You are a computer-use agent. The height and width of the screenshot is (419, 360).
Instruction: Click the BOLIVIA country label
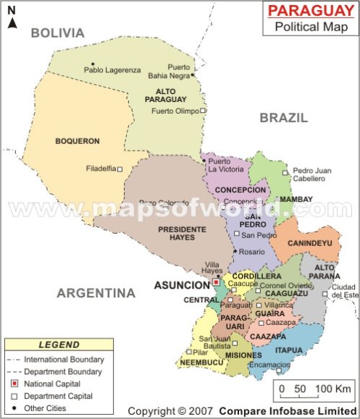pyautogui.click(x=58, y=33)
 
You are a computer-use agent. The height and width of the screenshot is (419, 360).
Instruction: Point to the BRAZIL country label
pyautogui.click(x=284, y=117)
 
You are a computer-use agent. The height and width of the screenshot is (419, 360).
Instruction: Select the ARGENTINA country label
pyautogui.click(x=96, y=293)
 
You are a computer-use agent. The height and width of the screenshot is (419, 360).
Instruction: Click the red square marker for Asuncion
pyautogui.click(x=216, y=282)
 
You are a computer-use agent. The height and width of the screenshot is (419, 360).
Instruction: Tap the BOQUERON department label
pyautogui.click(x=78, y=141)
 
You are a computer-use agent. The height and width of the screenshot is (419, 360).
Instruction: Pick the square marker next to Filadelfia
pyautogui.click(x=120, y=169)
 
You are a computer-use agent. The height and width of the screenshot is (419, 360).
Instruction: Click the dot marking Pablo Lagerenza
pyautogui.click(x=92, y=64)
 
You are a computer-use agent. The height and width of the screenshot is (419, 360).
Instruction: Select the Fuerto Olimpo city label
pyautogui.click(x=176, y=111)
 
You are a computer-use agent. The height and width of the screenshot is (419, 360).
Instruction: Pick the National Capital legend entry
pyautogui.click(x=52, y=384)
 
